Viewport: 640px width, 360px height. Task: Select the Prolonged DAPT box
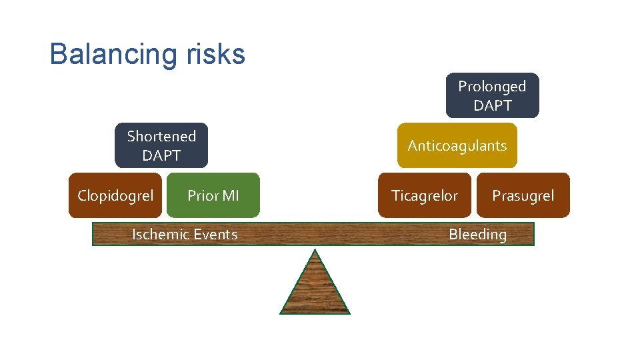pyautogui.click(x=492, y=95)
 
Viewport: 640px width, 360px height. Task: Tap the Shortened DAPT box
pyautogui.click(x=161, y=145)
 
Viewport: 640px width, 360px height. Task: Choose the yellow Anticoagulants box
pyautogui.click(x=457, y=145)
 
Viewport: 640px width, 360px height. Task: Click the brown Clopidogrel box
pyautogui.click(x=115, y=195)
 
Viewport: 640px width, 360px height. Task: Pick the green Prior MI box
pyautogui.click(x=213, y=195)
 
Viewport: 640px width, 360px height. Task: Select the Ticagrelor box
pyautogui.click(x=425, y=195)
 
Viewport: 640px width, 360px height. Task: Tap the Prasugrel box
pyautogui.click(x=523, y=195)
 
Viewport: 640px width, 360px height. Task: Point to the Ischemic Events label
pyautogui.click(x=185, y=234)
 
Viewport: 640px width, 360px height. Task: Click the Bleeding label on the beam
pyautogui.click(x=477, y=234)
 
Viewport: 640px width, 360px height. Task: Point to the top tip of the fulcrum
pyautogui.click(x=315, y=251)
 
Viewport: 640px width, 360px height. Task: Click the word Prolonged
pyautogui.click(x=492, y=87)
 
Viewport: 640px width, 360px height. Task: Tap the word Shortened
pyautogui.click(x=161, y=137)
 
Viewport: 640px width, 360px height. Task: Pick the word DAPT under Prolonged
pyautogui.click(x=493, y=105)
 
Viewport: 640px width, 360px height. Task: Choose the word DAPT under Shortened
pyautogui.click(x=161, y=155)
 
